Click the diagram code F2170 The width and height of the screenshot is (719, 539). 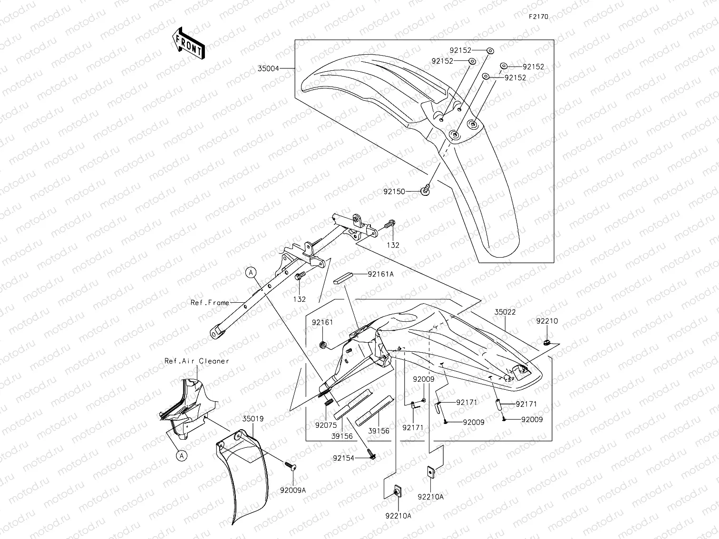(538, 17)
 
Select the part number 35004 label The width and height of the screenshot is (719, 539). (268, 68)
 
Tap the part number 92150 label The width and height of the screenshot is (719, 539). (394, 192)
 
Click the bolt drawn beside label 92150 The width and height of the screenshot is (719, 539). (426, 190)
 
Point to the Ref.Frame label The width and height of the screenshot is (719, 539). (210, 302)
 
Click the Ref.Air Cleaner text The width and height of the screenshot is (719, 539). (196, 361)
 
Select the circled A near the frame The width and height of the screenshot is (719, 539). (251, 272)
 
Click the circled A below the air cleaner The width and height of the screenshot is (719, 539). (181, 456)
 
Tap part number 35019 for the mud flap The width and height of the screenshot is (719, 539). (253, 419)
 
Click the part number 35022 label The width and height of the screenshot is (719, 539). (505, 312)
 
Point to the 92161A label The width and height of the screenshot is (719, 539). (380, 274)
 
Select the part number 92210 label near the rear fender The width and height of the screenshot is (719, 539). (547, 321)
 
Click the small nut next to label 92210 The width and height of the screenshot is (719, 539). (547, 341)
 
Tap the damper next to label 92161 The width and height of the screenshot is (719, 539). (323, 344)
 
